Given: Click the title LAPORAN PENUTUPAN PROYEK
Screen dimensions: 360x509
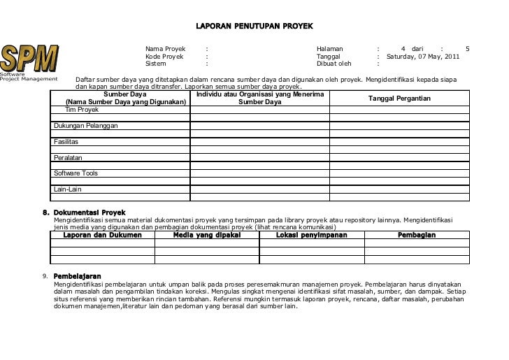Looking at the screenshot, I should pos(254,26).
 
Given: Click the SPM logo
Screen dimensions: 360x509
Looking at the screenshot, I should pos(30,58).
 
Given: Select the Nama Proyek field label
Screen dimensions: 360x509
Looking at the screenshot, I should pos(165,49).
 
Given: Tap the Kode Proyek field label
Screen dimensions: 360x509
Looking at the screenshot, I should pos(164,56).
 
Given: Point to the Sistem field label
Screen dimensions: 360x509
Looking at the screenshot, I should pos(156,64).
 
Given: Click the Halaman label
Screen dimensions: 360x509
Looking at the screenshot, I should pos(330,49).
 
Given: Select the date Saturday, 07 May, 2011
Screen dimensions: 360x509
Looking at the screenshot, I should pos(423,56).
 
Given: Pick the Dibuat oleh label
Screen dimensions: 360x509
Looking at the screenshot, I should pos(334,64).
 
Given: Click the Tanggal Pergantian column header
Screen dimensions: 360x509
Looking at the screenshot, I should pos(399,99).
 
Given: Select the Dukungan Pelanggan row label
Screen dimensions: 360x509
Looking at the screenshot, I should pos(85,126).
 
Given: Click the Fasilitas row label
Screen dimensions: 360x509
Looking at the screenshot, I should pos(66,142).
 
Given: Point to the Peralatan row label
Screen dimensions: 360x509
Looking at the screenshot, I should pos(68,158).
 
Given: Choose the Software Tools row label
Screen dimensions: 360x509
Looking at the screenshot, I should pos(76,173).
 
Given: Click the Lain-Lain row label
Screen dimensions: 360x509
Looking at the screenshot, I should pos(68,189).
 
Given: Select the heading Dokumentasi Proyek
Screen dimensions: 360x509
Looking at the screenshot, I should pos(89,212).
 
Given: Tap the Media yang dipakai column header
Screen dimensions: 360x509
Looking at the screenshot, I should pos(206,236).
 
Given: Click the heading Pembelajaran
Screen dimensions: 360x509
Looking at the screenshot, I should pos(77,276).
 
